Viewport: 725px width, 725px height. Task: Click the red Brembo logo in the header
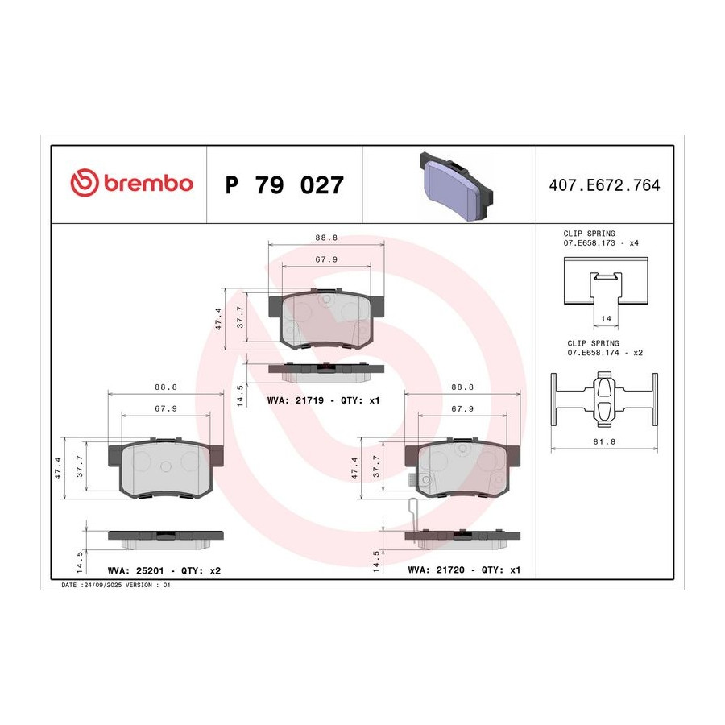(131, 183)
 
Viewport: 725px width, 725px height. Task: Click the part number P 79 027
(284, 185)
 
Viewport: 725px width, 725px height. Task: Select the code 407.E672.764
(604, 185)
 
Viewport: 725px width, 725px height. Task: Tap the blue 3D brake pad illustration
(456, 186)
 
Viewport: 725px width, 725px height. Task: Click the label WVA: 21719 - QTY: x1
(323, 400)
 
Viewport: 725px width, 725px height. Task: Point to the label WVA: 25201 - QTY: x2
(164, 570)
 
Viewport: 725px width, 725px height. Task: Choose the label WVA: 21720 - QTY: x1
(464, 570)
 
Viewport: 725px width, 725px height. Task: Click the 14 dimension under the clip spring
(606, 318)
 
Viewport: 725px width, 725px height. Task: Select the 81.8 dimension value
(604, 441)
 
